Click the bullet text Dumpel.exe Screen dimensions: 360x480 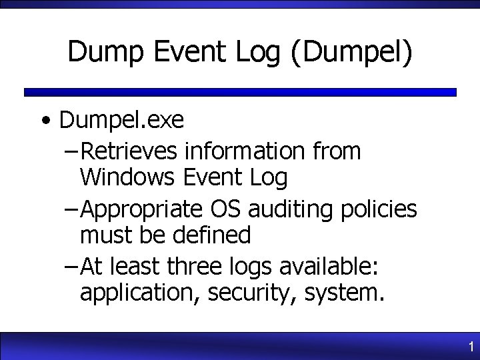point(121,121)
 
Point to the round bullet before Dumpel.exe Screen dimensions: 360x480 point(45,122)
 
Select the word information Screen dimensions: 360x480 point(244,152)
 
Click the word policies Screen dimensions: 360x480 point(377,209)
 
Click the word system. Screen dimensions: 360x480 point(341,293)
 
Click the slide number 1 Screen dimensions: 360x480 point(471,347)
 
